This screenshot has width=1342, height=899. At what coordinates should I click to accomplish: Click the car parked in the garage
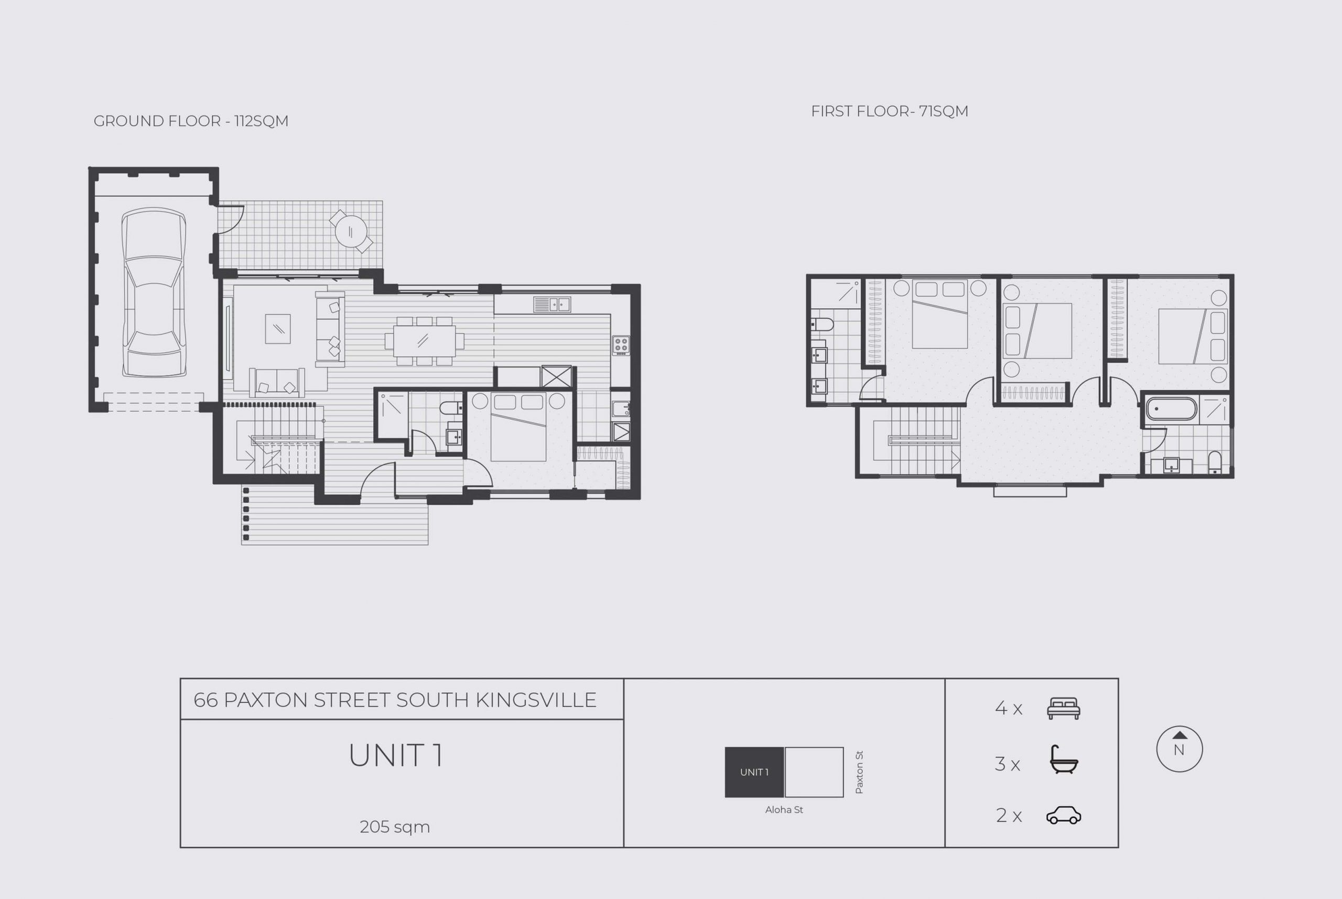(154, 293)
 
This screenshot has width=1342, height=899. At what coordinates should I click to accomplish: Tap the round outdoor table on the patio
(350, 231)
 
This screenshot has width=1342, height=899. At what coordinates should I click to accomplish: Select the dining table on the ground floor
(424, 341)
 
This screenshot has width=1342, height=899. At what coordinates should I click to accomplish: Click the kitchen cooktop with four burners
(621, 345)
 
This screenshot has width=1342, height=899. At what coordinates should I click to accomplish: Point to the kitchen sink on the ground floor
(551, 305)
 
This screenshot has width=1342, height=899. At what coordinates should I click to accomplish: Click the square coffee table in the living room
(277, 329)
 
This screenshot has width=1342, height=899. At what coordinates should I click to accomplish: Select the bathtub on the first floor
(1171, 409)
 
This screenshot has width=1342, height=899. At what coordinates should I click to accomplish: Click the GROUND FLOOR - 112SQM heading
(191, 121)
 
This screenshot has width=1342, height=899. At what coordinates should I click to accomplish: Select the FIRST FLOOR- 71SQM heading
(889, 111)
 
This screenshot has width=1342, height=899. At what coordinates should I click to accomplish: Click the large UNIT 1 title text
(396, 756)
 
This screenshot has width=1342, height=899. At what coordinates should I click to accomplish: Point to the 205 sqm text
(394, 827)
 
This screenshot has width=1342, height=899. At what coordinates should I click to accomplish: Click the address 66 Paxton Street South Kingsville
(395, 700)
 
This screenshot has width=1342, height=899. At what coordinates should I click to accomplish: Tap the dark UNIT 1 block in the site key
(754, 772)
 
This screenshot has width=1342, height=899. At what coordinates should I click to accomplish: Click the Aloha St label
(784, 809)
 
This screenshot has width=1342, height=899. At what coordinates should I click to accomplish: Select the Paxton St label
(859, 772)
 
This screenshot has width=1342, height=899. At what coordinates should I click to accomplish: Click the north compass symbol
(1179, 749)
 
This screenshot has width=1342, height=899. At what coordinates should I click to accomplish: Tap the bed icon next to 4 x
(1064, 709)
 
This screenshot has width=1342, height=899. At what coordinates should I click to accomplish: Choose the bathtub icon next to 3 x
(1064, 760)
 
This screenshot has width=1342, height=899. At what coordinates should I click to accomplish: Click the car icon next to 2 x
(1064, 815)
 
